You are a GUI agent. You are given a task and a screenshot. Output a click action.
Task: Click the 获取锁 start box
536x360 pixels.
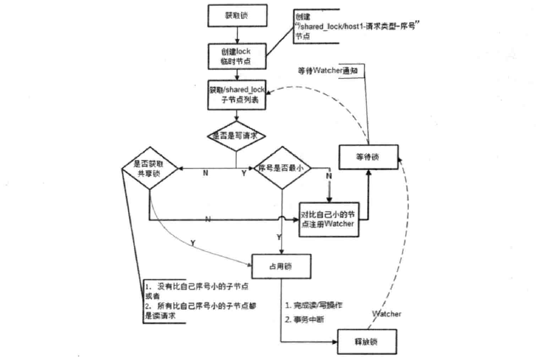point(236,15)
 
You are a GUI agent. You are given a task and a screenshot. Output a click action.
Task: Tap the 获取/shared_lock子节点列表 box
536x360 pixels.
point(236,94)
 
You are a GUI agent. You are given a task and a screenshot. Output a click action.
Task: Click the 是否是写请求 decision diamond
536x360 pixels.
point(236,135)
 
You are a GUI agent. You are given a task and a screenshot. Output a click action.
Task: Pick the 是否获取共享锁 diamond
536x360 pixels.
point(151,170)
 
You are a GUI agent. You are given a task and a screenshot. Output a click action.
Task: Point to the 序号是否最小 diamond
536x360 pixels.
point(282,170)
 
